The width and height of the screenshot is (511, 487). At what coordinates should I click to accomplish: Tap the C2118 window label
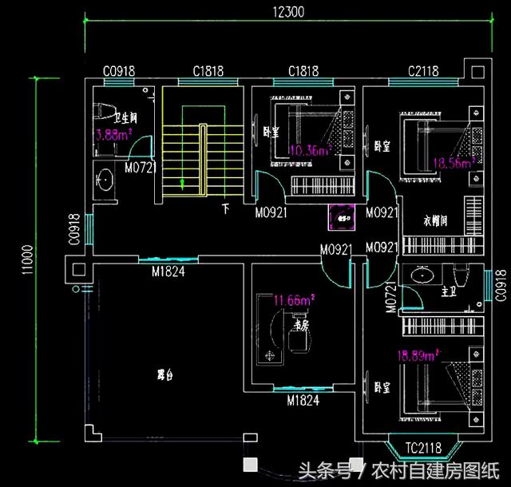[423, 71]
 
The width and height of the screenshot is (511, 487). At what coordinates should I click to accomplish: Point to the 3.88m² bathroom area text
[113, 136]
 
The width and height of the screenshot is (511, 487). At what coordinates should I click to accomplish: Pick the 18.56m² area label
[454, 162]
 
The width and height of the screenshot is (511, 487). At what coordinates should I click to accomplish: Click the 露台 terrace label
[166, 374]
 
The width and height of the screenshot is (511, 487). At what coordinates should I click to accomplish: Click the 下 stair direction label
[226, 211]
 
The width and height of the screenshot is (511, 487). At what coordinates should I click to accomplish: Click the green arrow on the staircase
[183, 184]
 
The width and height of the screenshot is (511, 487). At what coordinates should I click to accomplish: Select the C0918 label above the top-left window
[118, 71]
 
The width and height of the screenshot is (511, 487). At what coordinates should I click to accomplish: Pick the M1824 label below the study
[302, 399]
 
